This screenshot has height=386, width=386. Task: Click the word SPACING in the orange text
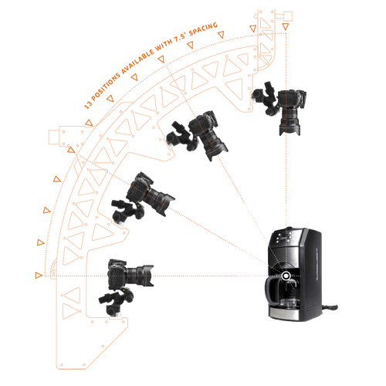203,29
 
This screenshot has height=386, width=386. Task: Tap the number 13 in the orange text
89,104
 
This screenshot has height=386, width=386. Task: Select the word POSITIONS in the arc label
106,86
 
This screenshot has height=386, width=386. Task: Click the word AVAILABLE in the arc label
137,60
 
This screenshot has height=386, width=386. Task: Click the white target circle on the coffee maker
286,276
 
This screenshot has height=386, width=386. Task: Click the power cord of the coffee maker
330,307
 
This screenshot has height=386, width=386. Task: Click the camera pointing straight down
291,111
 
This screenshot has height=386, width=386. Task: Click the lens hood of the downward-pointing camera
289,130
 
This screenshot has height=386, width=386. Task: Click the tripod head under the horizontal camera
117,302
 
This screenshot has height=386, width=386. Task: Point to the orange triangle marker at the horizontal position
39,276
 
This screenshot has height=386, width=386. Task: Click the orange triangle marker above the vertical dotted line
286,26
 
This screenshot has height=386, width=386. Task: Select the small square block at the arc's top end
288,16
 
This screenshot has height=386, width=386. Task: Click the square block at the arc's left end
54,137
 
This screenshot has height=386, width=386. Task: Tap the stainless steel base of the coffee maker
284,314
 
